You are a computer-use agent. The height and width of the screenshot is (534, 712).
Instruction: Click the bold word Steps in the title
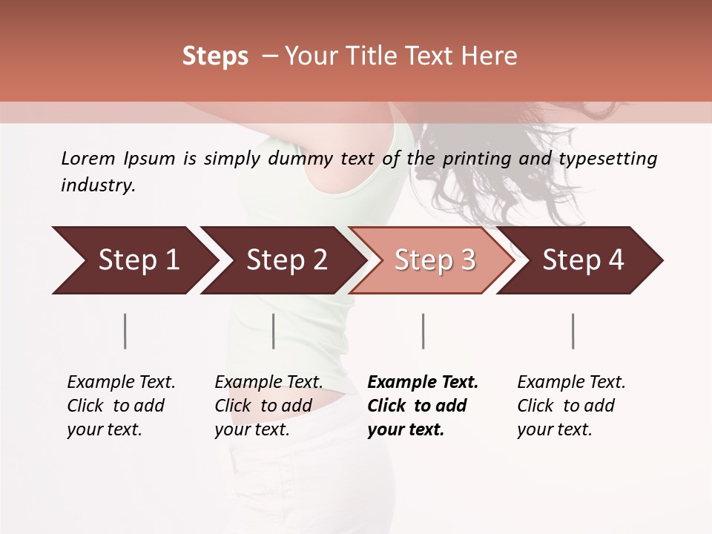pos(215,56)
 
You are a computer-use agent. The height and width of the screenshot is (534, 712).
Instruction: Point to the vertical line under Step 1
pos(125,331)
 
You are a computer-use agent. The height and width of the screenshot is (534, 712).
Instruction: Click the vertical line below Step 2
pos(274,331)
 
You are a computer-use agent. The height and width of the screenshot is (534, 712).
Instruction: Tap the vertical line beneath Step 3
pos(423,331)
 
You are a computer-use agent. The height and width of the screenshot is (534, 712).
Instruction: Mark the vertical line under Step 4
pos(573,331)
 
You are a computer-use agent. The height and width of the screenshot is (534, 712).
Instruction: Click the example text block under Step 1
pos(121,406)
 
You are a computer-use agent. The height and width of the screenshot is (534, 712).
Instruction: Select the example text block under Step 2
pos(268,406)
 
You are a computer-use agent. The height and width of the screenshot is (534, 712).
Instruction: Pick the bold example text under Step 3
pos(423,406)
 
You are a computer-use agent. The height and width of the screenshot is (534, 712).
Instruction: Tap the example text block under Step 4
pos(571,406)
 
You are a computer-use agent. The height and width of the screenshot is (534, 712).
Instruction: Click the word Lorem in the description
pos(88,159)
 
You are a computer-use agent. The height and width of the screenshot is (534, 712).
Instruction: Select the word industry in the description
pos(97,185)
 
